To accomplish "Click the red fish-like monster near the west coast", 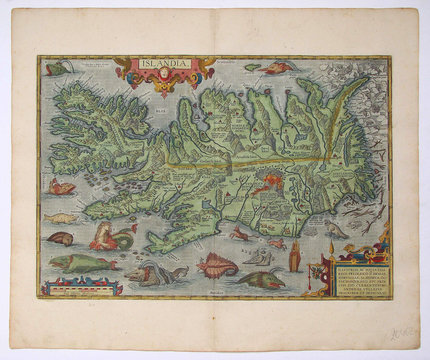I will point(62,187).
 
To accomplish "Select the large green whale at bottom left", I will point(75,263).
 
